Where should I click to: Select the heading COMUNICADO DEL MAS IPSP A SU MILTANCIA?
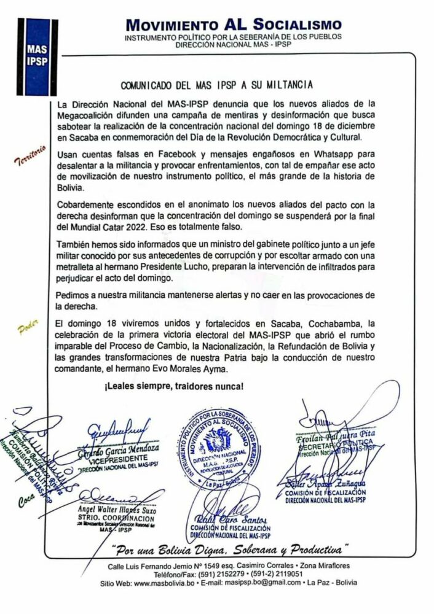click(216, 84)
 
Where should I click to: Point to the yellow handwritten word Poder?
click(29, 324)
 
